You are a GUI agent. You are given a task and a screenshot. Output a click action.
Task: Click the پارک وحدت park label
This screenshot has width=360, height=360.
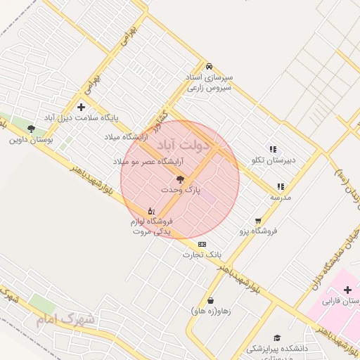click(x=181, y=190)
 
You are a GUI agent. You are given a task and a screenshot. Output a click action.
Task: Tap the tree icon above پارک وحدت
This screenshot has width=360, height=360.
click(x=180, y=179)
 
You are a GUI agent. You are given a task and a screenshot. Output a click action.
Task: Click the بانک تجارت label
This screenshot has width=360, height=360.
click(x=202, y=255)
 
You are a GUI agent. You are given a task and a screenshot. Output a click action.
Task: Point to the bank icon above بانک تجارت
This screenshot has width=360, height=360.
click(x=202, y=244)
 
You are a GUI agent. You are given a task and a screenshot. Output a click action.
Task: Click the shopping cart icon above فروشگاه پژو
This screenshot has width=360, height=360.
click(x=259, y=220)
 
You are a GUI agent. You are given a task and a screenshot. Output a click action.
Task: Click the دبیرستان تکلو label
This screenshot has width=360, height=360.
click(x=274, y=160)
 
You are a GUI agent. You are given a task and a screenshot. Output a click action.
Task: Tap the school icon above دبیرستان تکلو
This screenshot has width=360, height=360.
click(x=273, y=149)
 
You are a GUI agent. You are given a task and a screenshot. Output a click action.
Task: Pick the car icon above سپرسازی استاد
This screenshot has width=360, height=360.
click(x=210, y=65)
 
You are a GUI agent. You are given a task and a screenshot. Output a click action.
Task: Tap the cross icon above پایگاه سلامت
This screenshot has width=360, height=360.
click(x=82, y=107)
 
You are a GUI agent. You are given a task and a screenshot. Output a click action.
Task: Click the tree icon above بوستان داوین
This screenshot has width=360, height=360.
click(x=30, y=129)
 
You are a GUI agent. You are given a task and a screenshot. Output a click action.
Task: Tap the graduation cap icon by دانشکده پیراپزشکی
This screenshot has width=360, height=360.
click(x=277, y=338)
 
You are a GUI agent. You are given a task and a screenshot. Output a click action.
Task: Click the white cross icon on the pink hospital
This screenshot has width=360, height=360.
click(x=347, y=290)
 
